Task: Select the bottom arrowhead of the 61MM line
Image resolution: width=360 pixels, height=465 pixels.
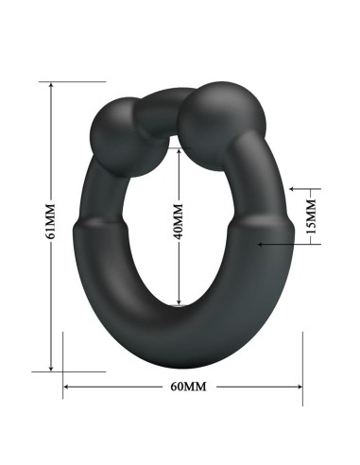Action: click(49, 367)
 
